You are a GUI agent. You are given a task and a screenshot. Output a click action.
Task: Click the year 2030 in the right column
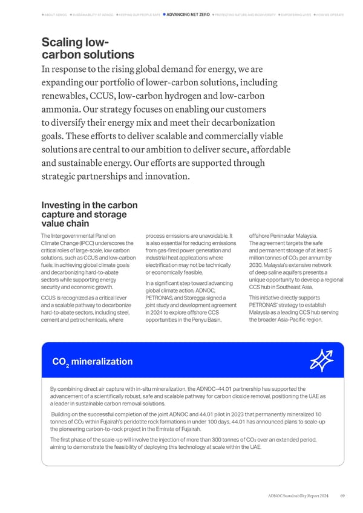257,265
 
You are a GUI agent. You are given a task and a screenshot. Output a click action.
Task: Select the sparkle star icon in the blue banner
319,361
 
